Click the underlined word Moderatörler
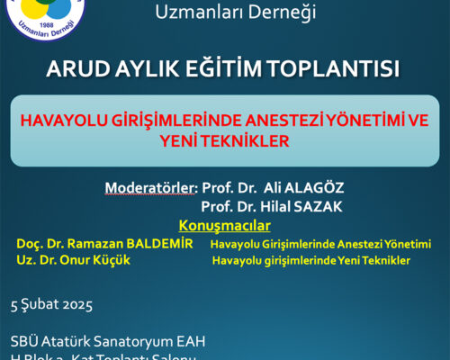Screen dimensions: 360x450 pyautogui.click(x=150, y=188)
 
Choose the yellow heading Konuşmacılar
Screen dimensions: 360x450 pyautogui.click(x=224, y=224)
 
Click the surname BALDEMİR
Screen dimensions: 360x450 pyautogui.click(x=154, y=243)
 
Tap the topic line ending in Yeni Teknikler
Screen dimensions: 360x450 pyautogui.click(x=311, y=261)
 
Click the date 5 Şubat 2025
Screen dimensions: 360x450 pyautogui.click(x=51, y=304)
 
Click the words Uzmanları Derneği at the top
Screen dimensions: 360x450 pyautogui.click(x=224, y=11)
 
